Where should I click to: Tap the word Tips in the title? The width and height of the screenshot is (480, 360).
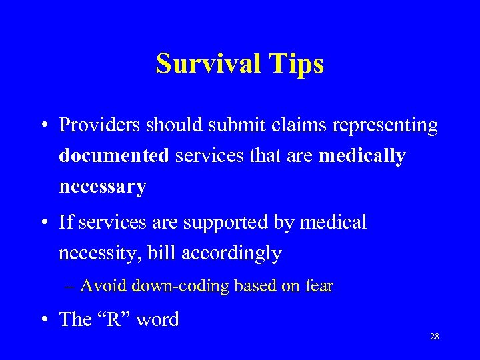[x=298, y=64]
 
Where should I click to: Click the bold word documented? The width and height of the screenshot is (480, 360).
[x=114, y=155]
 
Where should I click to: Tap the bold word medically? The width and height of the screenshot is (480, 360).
[x=362, y=156]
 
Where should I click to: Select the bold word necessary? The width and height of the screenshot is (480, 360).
[x=102, y=187]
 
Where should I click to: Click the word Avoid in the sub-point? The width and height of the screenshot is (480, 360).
[x=104, y=286]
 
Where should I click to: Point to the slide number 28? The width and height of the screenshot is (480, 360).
[x=434, y=337]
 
